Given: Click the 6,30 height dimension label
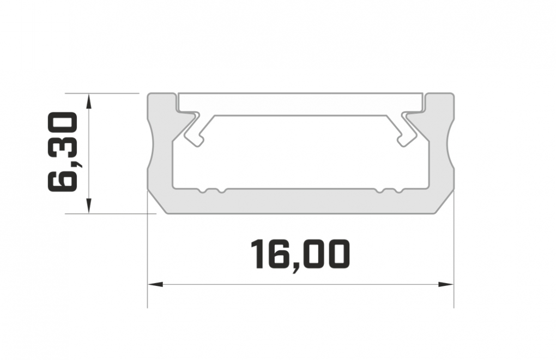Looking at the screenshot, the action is tap(62, 152).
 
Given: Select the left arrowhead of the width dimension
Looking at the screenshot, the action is tap(155, 284).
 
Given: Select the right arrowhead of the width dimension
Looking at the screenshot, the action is tap(446, 284).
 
